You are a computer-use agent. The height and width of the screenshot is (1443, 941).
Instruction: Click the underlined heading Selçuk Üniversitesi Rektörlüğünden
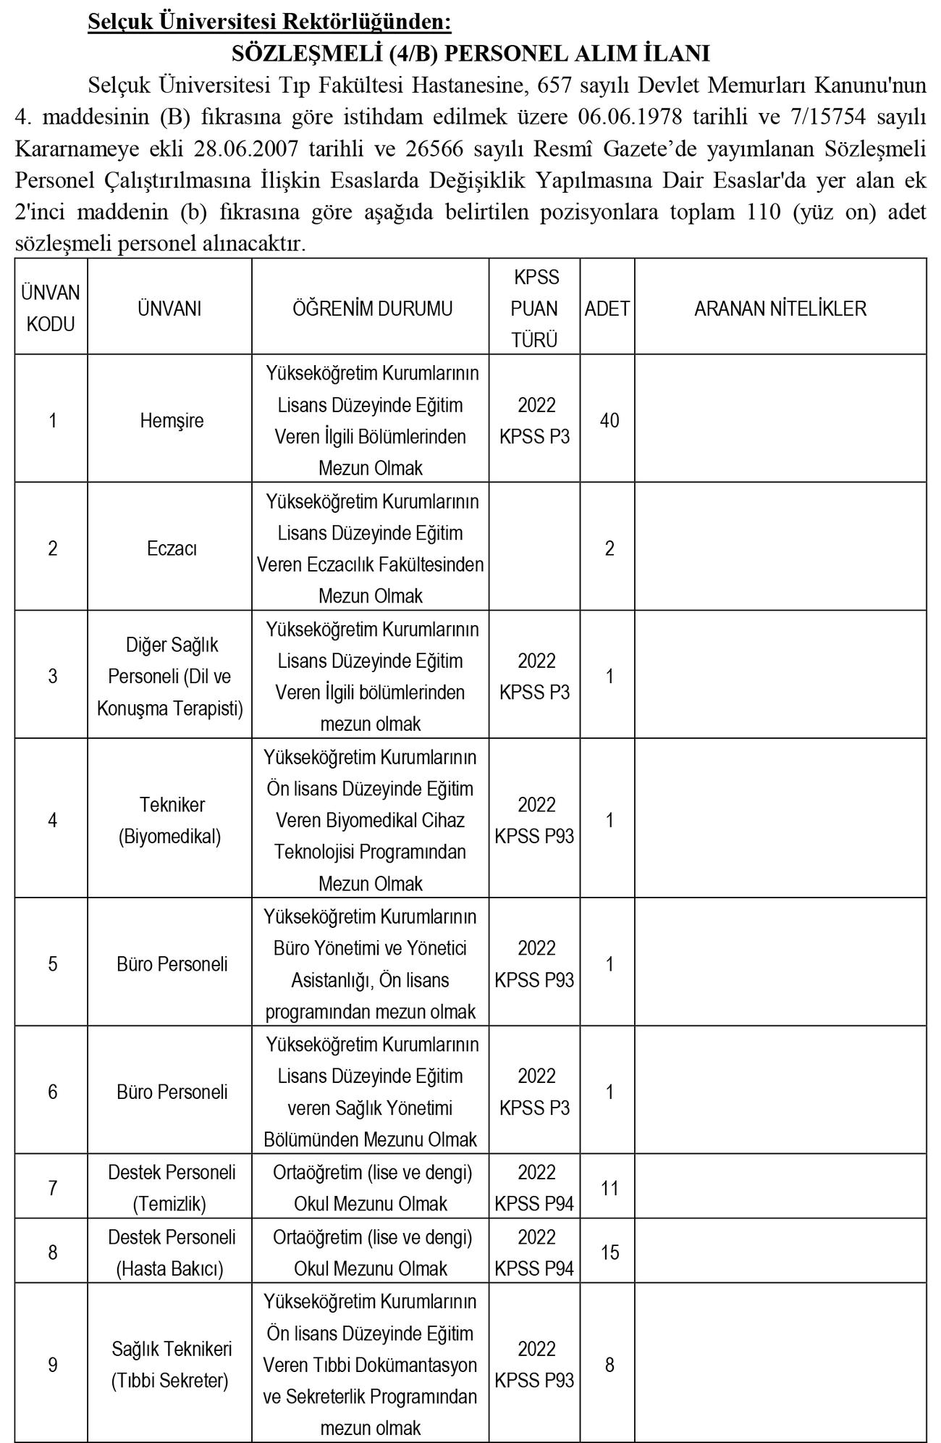[269, 22]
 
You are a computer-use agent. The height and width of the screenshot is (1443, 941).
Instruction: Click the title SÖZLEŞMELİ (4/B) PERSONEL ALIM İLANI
[470, 54]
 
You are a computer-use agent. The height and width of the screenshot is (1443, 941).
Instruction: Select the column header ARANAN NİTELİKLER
[780, 309]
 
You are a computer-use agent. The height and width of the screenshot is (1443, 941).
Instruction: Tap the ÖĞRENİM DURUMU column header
[372, 309]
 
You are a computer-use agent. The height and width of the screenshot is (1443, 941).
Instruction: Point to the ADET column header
[607, 309]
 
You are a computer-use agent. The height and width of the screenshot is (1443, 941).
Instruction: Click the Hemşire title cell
[172, 421]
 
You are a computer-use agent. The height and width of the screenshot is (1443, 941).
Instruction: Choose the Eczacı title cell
[172, 548]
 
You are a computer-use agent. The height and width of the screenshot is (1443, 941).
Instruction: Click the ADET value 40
[609, 421]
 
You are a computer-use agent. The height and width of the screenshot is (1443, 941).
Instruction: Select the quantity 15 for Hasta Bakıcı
[609, 1252]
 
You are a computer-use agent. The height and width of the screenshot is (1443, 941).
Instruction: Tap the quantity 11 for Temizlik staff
[609, 1188]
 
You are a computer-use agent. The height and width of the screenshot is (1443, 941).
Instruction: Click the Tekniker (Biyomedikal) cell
[172, 821]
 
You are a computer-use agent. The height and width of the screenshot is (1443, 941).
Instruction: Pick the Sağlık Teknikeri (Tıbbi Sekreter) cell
[171, 1365]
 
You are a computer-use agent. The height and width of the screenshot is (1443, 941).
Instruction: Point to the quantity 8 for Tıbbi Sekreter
[609, 1365]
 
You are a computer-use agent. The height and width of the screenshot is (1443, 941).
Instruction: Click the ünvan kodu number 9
[52, 1365]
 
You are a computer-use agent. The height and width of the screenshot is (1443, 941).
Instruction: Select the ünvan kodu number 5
[52, 964]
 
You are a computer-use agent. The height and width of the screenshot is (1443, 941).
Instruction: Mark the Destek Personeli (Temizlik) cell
[172, 1188]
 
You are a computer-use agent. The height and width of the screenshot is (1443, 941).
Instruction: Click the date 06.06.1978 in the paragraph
[635, 117]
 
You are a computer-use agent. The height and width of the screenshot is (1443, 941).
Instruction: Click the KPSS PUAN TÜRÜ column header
[535, 309]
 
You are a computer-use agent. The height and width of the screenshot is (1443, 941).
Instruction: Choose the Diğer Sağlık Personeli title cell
[172, 677]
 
